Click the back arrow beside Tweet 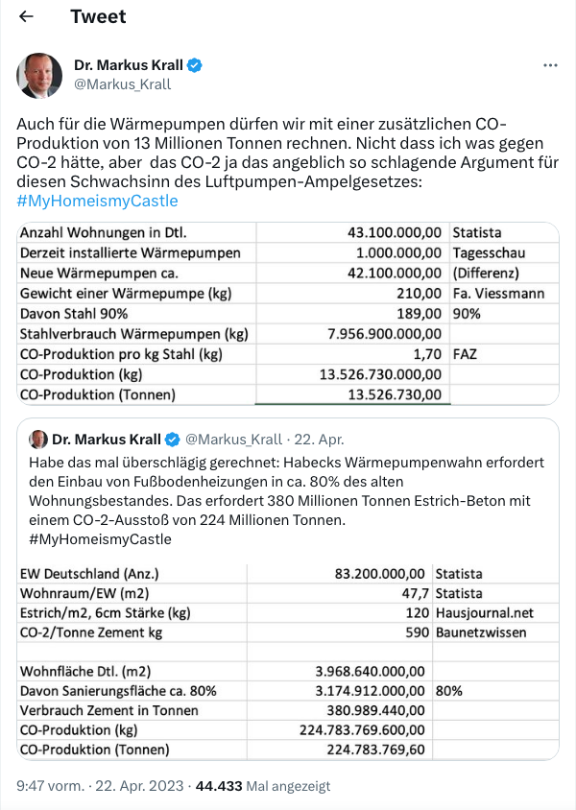pos(26,17)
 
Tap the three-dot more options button pos(550,65)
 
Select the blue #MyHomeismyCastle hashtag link pos(97,201)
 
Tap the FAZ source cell pos(467,353)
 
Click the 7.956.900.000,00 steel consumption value pos(384,333)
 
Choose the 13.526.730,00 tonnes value pos(396,393)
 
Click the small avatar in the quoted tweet pos(38,440)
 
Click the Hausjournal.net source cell pos(484,612)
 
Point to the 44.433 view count pos(219,785)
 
